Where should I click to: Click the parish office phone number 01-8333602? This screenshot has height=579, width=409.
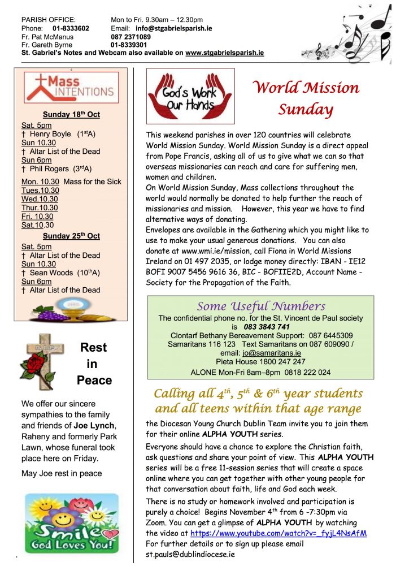(x=71, y=28)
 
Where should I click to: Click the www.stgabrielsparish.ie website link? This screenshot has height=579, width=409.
(x=224, y=53)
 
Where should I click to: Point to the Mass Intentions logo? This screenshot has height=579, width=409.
(x=71, y=87)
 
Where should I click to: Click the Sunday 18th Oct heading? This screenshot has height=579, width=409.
(x=71, y=114)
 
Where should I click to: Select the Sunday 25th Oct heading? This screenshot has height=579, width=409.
(x=71, y=236)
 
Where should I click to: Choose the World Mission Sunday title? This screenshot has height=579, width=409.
(x=306, y=98)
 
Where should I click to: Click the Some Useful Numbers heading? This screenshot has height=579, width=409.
(x=260, y=306)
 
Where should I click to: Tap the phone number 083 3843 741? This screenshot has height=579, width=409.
(x=267, y=327)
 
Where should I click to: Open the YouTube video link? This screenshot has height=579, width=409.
(x=279, y=533)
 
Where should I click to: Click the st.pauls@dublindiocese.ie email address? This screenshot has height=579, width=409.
(x=190, y=554)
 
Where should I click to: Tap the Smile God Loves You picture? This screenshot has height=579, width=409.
(x=71, y=524)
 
